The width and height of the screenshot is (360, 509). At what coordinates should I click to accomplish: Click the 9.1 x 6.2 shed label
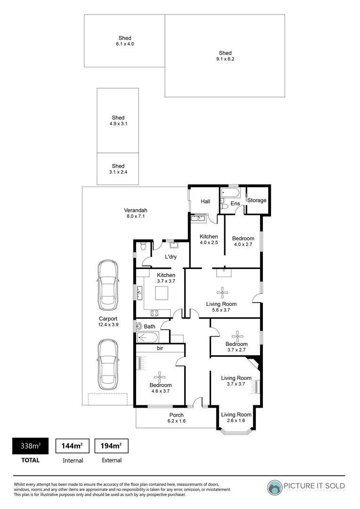[225, 56]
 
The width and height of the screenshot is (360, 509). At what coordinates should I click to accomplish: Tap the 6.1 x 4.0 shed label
[125, 41]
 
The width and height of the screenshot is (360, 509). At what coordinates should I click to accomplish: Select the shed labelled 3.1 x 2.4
[118, 169]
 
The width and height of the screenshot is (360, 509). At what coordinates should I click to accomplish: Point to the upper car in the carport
[108, 284]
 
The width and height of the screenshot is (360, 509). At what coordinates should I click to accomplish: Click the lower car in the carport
[108, 363]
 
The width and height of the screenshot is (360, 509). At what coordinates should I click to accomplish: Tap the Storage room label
[257, 200]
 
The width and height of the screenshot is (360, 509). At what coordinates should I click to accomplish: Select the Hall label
[205, 201]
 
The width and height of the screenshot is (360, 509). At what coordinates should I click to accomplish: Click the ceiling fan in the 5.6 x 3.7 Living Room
[221, 291]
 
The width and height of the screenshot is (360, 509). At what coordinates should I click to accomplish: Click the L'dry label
[170, 257]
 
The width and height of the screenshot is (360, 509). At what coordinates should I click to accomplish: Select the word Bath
[149, 326]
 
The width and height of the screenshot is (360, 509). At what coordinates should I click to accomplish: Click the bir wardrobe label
[160, 348]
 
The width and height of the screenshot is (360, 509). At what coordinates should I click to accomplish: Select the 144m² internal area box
[73, 446]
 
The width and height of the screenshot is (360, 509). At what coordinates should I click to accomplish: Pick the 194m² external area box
[112, 446]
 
